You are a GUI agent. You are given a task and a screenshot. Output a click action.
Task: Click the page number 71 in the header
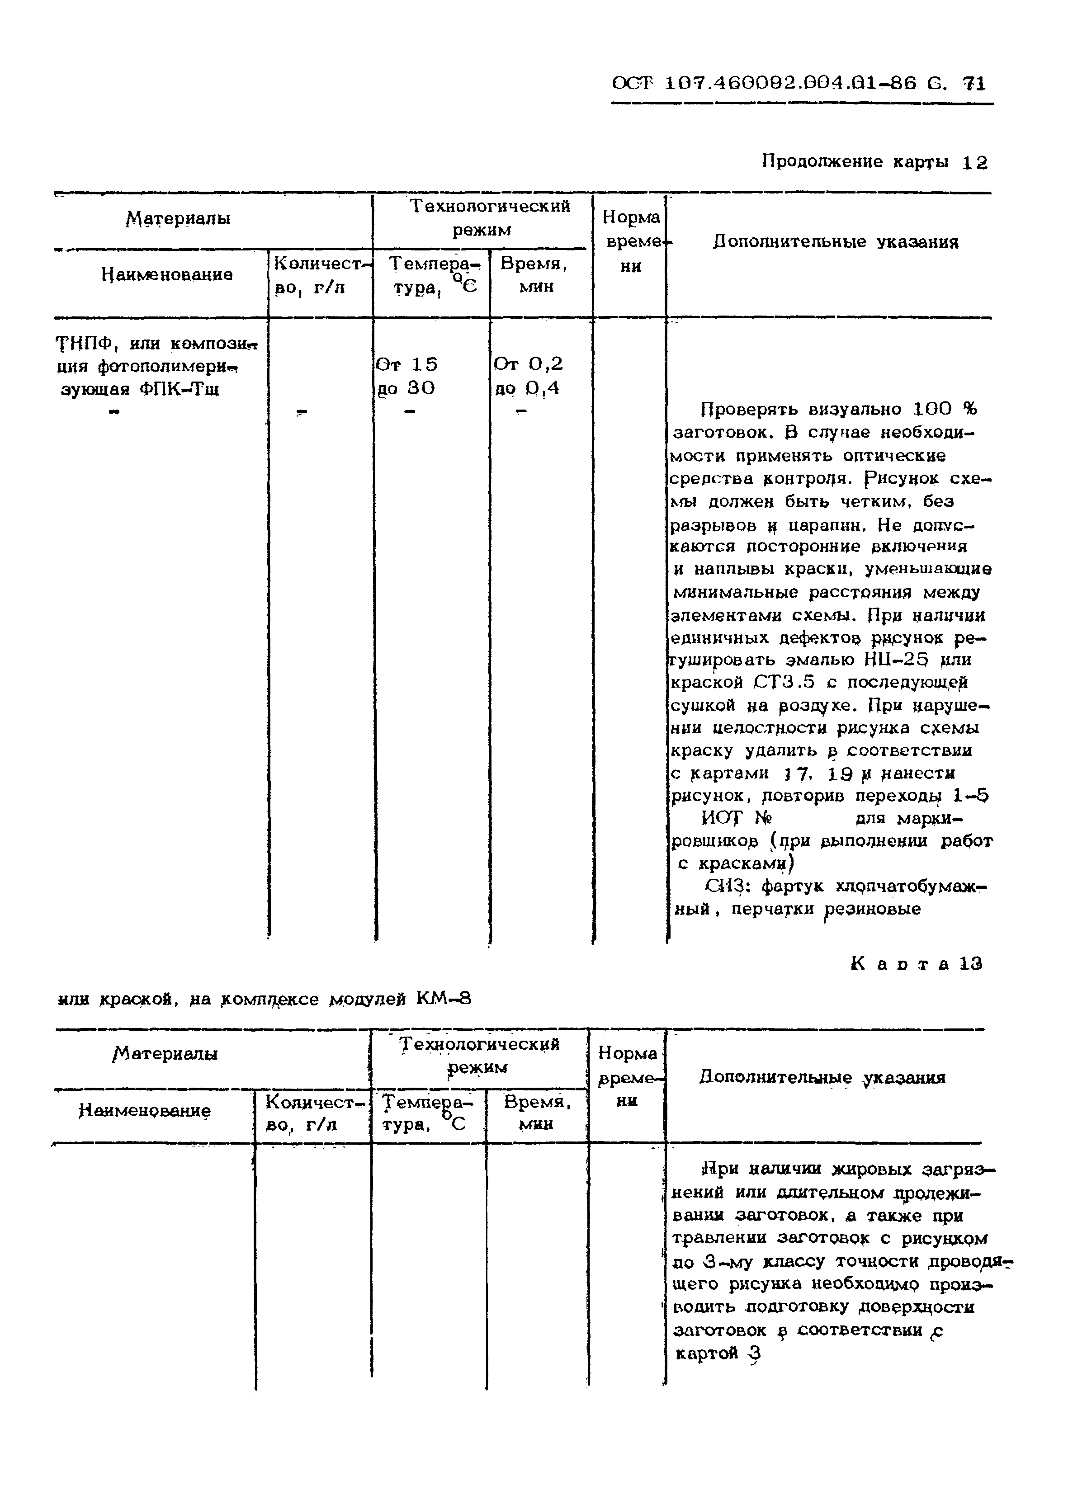click(x=974, y=84)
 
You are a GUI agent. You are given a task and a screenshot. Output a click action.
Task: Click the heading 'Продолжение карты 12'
click(x=874, y=162)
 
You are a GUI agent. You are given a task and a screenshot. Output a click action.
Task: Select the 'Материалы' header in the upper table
click(x=179, y=218)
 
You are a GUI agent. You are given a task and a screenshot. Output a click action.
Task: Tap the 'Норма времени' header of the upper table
click(x=630, y=241)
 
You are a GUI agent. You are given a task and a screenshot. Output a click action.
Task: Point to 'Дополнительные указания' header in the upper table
click(x=835, y=242)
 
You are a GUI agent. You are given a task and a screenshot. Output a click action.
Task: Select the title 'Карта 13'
click(x=917, y=964)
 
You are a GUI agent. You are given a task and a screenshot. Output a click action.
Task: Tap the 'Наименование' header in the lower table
click(x=145, y=1111)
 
